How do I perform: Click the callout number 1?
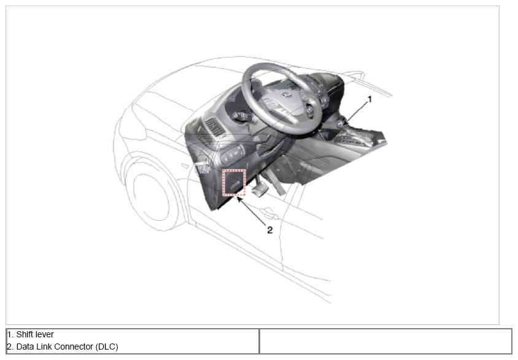(x=369, y=99)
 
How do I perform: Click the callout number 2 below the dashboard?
(x=270, y=230)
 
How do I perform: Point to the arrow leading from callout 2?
(x=252, y=210)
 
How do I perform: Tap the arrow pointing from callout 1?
(x=356, y=113)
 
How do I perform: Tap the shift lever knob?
(x=340, y=123)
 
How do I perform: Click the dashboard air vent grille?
(x=214, y=127)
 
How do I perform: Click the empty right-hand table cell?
(x=385, y=341)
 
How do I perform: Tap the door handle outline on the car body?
(x=269, y=213)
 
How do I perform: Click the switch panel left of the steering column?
(x=232, y=154)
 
